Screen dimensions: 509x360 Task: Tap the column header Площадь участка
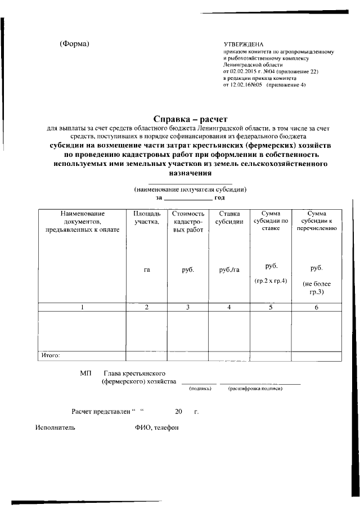[147, 218]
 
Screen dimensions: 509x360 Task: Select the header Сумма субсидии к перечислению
[316, 221]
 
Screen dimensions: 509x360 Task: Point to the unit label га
[147, 270]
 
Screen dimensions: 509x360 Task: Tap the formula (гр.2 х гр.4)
[271, 280]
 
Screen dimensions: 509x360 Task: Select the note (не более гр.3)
[316, 288]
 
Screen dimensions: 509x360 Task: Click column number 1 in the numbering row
[82, 307]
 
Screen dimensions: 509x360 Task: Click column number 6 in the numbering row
[316, 307]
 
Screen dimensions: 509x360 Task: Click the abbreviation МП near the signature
[85, 373]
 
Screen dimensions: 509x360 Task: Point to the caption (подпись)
[200, 388]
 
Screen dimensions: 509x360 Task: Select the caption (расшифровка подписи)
[255, 388]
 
